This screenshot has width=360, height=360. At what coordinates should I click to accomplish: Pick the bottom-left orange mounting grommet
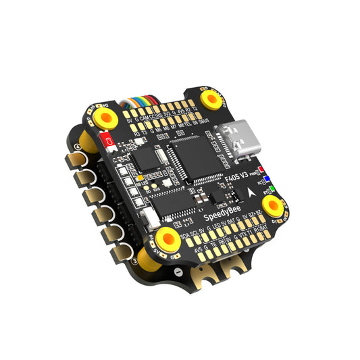pos(164,239)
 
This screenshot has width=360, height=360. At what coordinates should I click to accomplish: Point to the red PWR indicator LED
pos(261,171)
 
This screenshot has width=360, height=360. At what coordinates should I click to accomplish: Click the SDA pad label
pos(186,237)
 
